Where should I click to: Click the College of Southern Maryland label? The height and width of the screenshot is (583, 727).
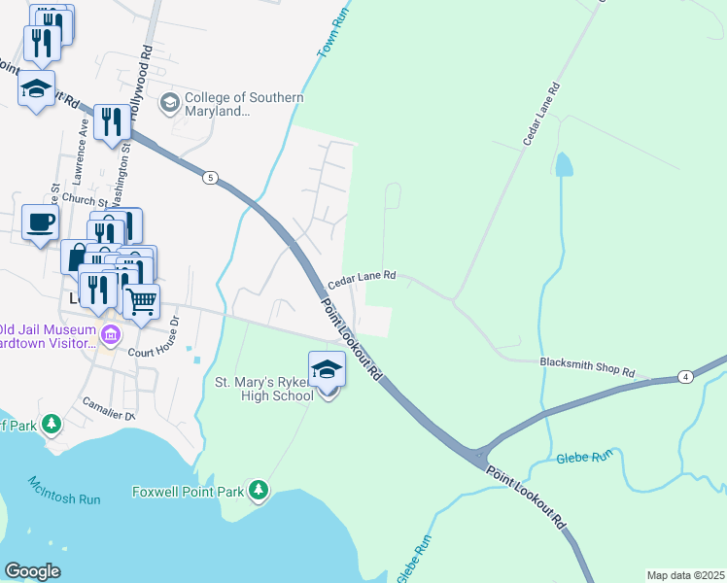(243, 105)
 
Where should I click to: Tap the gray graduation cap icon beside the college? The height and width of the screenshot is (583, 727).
(170, 102)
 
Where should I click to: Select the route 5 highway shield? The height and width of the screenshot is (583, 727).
(209, 178)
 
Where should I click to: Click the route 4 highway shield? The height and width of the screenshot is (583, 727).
(685, 376)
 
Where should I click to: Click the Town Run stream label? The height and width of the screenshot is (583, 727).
(331, 40)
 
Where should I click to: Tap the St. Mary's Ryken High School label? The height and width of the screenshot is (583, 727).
(263, 389)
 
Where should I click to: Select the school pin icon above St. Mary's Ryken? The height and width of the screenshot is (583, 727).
(327, 370)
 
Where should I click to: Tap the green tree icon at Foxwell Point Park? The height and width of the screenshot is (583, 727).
(259, 491)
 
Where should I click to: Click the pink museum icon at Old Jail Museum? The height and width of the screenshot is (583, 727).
(110, 336)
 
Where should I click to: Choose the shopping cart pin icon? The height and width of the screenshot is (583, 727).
(142, 302)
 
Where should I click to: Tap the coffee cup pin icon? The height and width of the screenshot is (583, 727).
(40, 223)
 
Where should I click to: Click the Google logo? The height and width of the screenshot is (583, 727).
(33, 571)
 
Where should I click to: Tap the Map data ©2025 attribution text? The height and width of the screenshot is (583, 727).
(685, 575)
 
